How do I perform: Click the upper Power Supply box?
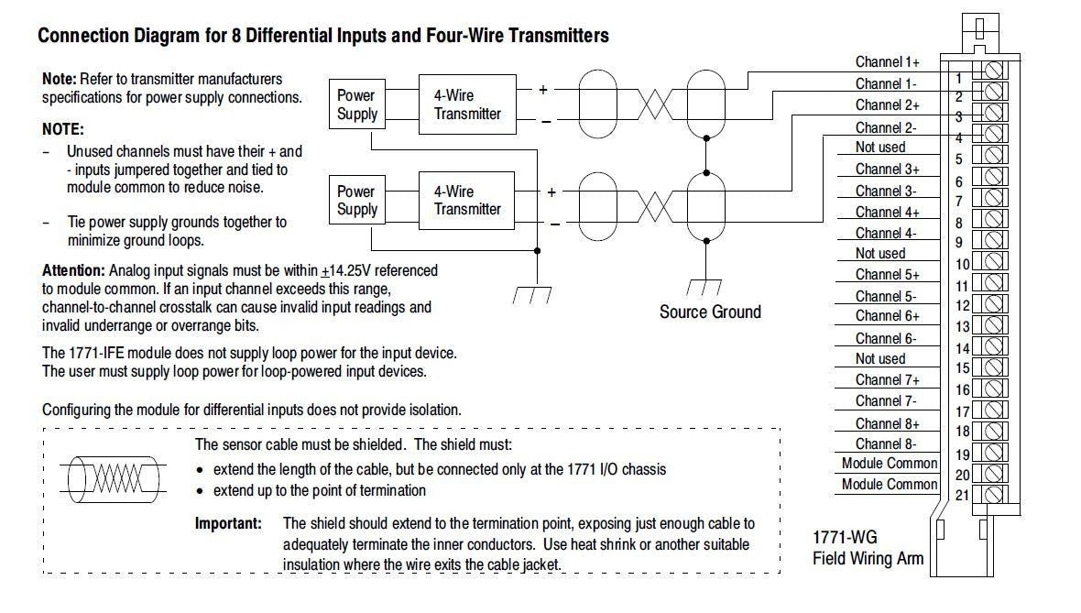(356, 104)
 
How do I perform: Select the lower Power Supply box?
(356, 200)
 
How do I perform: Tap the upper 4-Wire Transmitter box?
(467, 104)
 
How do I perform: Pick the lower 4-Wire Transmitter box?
(466, 200)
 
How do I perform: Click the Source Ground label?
(710, 312)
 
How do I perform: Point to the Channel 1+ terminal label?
(888, 62)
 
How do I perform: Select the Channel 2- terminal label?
(886, 127)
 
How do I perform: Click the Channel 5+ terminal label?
(888, 275)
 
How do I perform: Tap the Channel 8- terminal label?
(886, 444)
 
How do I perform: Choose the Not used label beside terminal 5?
(880, 147)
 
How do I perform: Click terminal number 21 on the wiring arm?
(963, 495)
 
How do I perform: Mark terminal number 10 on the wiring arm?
(963, 264)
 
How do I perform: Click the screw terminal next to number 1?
(993, 71)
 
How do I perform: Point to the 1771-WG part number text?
(846, 537)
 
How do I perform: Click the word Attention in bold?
(74, 270)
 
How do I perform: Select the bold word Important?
(228, 523)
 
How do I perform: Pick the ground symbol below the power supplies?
(532, 294)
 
